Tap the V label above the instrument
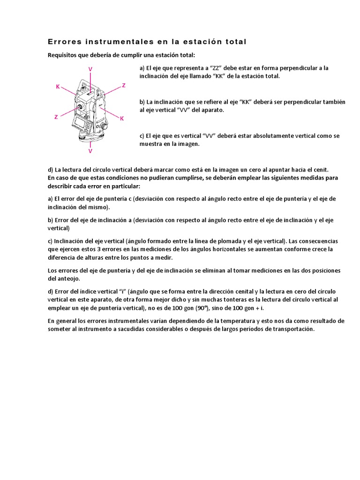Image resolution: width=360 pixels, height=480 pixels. [x=90, y=69]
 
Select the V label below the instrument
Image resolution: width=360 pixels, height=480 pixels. [x=90, y=151]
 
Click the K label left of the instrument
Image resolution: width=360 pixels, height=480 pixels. [x=58, y=87]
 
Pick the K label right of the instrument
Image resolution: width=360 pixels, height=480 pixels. [x=121, y=119]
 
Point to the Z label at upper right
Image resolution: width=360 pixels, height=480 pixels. [x=124, y=85]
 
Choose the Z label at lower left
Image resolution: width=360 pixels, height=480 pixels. [x=56, y=117]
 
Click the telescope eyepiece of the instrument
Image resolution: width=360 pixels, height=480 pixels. [x=81, y=107]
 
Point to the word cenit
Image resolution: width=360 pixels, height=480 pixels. [x=322, y=169]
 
